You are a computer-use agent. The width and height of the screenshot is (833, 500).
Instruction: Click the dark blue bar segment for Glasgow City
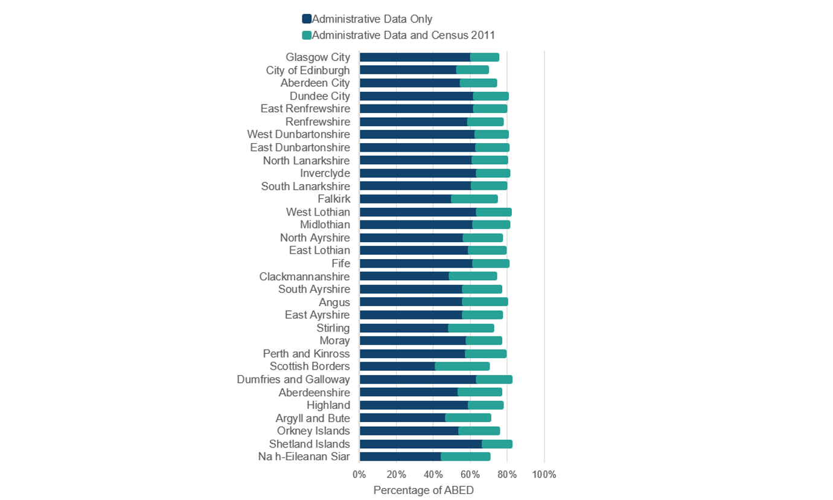pyautogui.click(x=415, y=57)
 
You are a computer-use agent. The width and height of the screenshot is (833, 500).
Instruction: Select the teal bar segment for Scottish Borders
pyautogui.click(x=462, y=367)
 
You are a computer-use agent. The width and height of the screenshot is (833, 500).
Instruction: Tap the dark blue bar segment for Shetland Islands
pyautogui.click(x=420, y=444)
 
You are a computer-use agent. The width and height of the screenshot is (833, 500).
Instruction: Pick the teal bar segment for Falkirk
pyautogui.click(x=474, y=199)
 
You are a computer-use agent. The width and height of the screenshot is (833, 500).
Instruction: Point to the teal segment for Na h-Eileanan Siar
pyautogui.click(x=465, y=457)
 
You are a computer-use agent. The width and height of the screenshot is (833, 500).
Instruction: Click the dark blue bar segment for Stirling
pyautogui.click(x=404, y=328)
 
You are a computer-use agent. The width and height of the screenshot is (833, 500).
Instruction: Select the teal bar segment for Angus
pyautogui.click(x=485, y=302)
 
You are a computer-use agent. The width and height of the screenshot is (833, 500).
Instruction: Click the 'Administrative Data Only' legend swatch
pyautogui.click(x=307, y=19)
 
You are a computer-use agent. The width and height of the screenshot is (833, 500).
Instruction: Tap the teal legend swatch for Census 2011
pyautogui.click(x=307, y=35)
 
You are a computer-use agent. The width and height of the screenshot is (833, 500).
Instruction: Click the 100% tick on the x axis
pyautogui.click(x=544, y=475)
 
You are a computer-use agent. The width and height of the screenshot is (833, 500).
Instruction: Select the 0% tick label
pyautogui.click(x=359, y=475)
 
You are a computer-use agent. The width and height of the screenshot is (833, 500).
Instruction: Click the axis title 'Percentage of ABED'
pyautogui.click(x=423, y=490)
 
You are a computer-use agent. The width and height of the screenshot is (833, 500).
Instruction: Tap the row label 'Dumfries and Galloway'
pyautogui.click(x=293, y=379)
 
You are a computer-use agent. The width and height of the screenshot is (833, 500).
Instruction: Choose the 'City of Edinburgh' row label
pyautogui.click(x=308, y=70)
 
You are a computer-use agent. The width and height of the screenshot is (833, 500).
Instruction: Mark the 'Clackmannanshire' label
pyautogui.click(x=304, y=277)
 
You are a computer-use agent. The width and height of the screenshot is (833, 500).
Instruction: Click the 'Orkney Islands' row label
pyautogui.click(x=313, y=431)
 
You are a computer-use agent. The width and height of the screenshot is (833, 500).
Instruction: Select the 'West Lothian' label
pyautogui.click(x=318, y=212)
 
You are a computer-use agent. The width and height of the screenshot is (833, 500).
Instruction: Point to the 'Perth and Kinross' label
pyautogui.click(x=306, y=353)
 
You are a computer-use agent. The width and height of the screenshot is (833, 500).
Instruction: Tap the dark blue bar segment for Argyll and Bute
pyautogui.click(x=402, y=418)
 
